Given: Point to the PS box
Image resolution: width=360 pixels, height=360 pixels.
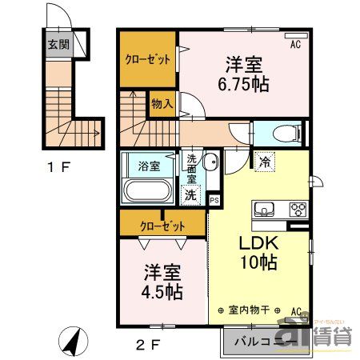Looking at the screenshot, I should coord(214,200).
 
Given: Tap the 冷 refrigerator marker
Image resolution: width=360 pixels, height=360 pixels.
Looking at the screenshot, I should coord(265,162).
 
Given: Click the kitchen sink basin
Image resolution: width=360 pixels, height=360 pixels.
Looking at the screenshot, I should coord(265,210).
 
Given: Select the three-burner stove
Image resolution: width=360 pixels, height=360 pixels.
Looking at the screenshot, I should coord(297,210).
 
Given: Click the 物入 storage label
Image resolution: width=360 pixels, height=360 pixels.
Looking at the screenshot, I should coord(161,103).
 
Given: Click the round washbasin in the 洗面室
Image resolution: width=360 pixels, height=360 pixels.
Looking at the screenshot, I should coord(210,164).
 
